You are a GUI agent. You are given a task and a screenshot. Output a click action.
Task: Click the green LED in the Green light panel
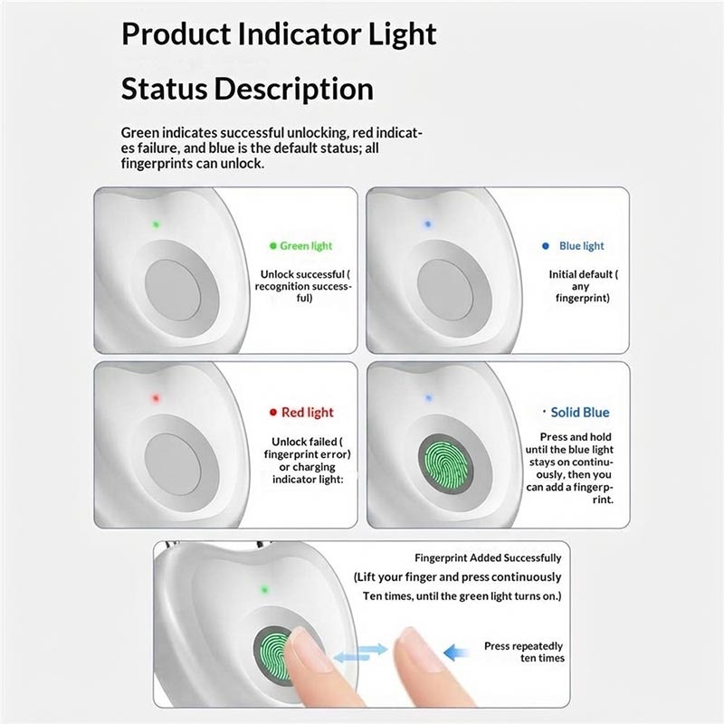pyautogui.click(x=156, y=224)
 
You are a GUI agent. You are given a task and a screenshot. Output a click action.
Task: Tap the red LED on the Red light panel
pyautogui.click(x=156, y=398)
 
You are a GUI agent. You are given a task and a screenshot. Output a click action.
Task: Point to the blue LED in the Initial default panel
pyautogui.click(x=427, y=224)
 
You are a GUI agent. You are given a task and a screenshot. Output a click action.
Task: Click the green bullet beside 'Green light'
pyautogui.click(x=273, y=245)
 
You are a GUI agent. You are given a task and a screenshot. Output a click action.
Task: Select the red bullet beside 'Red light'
pyautogui.click(x=273, y=412)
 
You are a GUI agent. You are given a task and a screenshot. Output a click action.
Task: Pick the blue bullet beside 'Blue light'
pyautogui.click(x=546, y=245)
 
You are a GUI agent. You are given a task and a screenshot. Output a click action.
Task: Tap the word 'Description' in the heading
pyautogui.click(x=293, y=89)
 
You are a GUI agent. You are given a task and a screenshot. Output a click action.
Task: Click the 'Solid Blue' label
pyautogui.click(x=580, y=413)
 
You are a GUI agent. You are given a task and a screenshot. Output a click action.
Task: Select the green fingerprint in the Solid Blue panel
pyautogui.click(x=445, y=464)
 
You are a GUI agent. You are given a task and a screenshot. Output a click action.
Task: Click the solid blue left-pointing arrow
pyautogui.click(x=455, y=653)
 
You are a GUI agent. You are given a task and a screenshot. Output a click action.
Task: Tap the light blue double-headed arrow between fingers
pyautogui.click(x=360, y=653)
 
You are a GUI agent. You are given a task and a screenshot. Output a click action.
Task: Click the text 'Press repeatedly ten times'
pyautogui.click(x=525, y=652)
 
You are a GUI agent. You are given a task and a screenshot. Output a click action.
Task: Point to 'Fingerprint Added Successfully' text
pyautogui.click(x=488, y=557)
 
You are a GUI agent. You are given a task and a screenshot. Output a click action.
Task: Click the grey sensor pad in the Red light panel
pyautogui.click(x=172, y=464)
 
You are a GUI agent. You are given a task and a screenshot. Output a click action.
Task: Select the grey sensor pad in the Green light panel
pyautogui.click(x=173, y=290)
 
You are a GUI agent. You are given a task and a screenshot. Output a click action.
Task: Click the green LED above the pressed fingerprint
pyautogui.click(x=264, y=589)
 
